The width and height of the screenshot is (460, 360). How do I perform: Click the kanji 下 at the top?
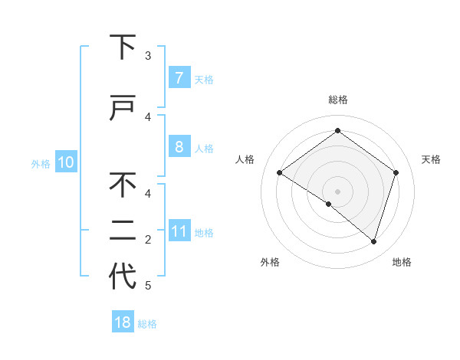coord(123,47)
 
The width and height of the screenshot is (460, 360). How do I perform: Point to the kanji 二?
coord(123,230)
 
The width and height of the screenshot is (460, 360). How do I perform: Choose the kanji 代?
coord(123,276)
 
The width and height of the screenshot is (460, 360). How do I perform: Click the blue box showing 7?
coord(179,77)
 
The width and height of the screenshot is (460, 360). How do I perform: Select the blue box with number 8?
coord(179,146)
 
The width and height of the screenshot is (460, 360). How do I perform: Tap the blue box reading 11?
coord(179,232)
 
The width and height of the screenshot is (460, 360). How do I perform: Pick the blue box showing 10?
coord(65,162)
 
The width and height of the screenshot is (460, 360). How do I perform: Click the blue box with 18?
coord(123,322)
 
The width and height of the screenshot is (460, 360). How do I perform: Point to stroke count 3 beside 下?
coord(148,56)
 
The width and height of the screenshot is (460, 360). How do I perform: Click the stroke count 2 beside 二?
coord(148,240)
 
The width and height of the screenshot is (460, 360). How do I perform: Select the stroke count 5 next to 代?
coord(148,286)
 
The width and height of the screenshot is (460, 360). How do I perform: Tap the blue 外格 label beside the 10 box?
coord(41,163)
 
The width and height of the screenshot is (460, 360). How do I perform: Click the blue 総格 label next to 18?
coord(147,324)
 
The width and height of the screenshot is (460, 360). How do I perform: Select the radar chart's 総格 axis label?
coord(337,100)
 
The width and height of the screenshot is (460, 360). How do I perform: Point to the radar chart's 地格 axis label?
coord(402,262)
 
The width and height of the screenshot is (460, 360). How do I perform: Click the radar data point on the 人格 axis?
coord(280,173)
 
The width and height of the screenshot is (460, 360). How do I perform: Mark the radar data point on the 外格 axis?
coord(329,205)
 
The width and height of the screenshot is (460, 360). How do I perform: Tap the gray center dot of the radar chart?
coord(337,191)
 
